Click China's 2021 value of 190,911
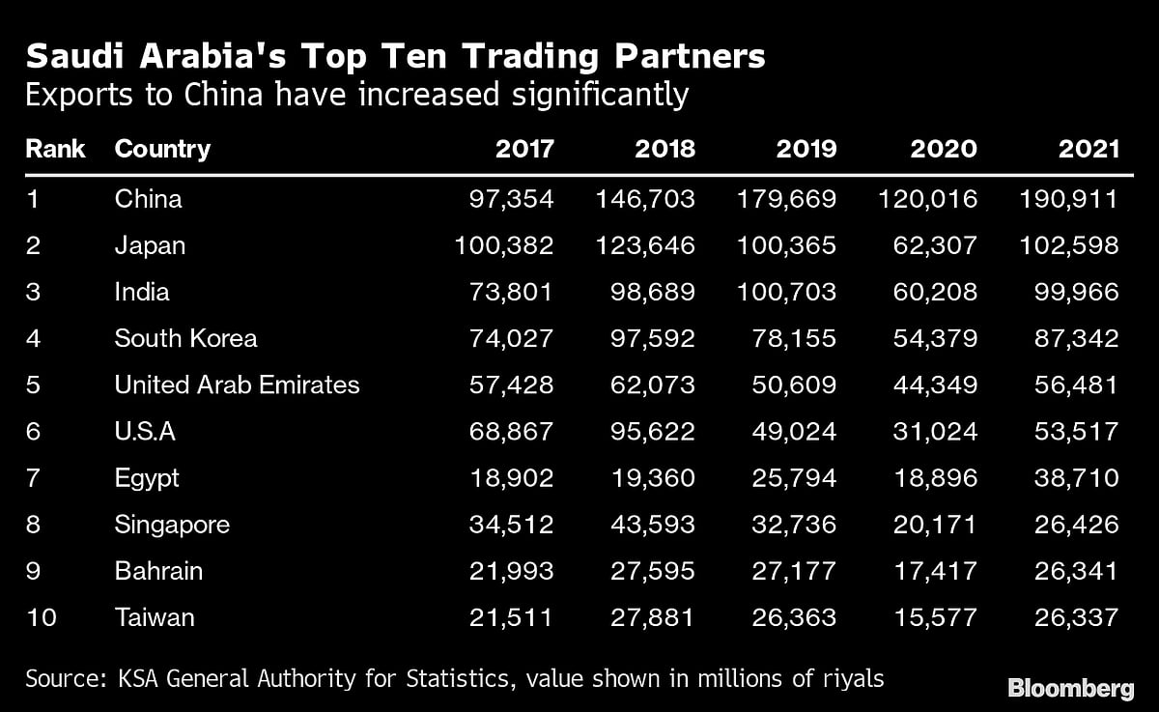pos(1068,200)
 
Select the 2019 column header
pos(806,149)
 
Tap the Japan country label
pos(150,246)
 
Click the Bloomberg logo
pos(1070,688)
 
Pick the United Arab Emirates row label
pos(237,385)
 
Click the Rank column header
pos(55,149)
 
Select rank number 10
pos(42,617)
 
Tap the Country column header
pos(161,149)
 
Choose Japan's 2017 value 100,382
pos(504,246)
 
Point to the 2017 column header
pos(524,149)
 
